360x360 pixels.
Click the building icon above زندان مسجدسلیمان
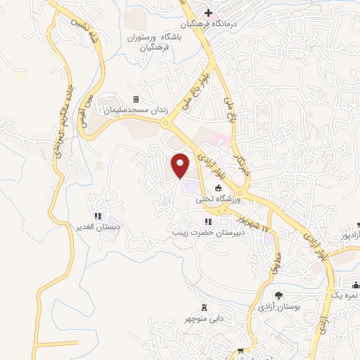(x=136, y=100)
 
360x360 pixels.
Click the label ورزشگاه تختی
(x=218, y=199)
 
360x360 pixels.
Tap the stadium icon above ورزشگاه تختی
(x=218, y=188)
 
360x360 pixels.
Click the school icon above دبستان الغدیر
(x=99, y=217)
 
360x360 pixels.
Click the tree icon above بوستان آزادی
(x=279, y=296)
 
